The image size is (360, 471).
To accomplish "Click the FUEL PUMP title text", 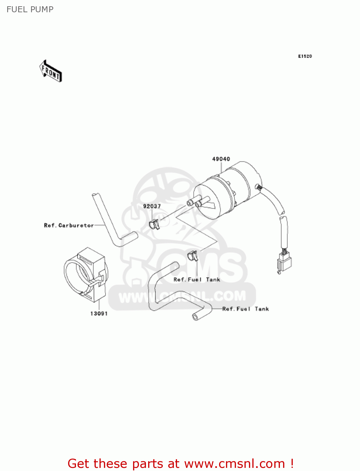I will coord(30,9).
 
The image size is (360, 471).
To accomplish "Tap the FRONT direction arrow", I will coord(51,71).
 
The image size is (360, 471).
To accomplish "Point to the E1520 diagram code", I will coord(305,56).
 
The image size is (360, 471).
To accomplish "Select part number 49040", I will coord(221,159).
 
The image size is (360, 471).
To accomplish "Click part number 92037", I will coord(152,206).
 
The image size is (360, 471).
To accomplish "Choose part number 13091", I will coord(99,313).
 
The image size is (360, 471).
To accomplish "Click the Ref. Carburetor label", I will coord(69,225).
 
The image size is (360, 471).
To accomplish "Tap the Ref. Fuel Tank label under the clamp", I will coord(196,279).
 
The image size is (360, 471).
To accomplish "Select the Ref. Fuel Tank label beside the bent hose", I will coord(245,309).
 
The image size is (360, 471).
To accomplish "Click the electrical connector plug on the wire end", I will coord(284,263).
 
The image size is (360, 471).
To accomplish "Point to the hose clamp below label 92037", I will coord(154,224).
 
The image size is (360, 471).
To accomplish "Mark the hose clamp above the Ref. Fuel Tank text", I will coord(193,256).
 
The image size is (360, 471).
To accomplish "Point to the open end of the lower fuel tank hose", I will coord(196,317).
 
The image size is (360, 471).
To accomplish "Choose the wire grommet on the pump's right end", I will coord(259,187).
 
